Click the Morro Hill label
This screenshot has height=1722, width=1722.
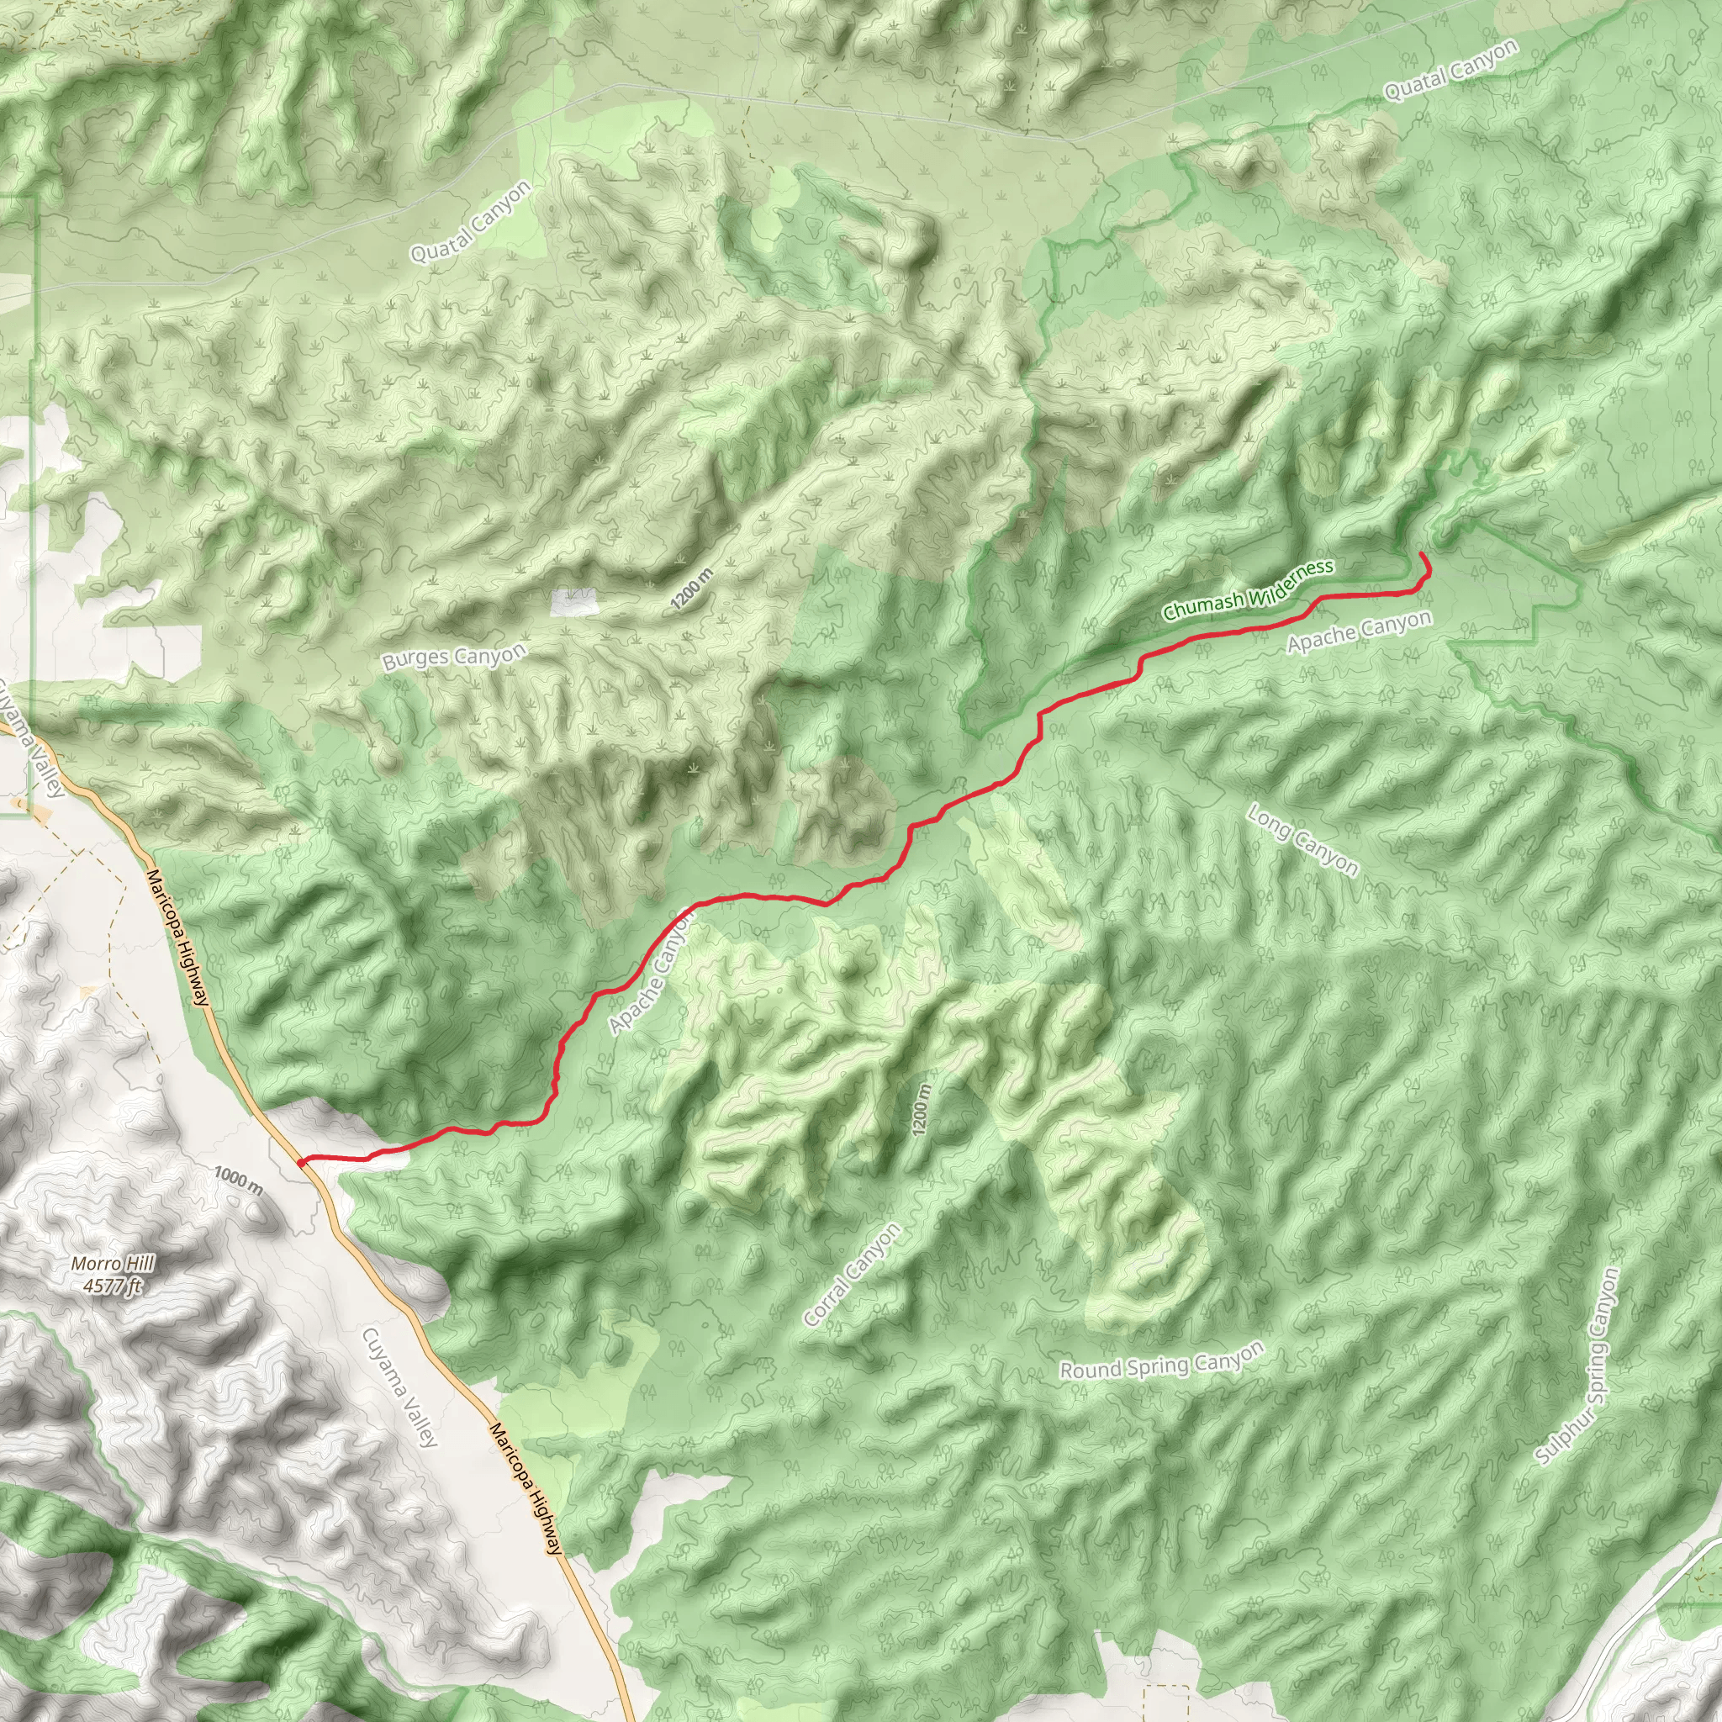[113, 1263]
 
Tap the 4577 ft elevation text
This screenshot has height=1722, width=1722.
[113, 1286]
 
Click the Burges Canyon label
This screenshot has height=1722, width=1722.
[454, 657]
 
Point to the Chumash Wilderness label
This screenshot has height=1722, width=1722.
[1248, 589]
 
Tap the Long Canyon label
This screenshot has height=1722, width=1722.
[1302, 840]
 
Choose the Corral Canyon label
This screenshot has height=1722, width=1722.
[852, 1275]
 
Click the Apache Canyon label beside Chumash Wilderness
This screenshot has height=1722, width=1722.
[1360, 631]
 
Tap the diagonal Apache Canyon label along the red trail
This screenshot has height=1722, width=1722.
[651, 974]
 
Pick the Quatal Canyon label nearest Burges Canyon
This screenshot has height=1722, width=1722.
[470, 221]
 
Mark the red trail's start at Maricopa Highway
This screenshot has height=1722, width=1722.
[302, 1161]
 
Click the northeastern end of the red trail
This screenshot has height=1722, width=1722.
[1421, 555]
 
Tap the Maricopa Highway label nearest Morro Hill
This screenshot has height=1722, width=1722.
[178, 937]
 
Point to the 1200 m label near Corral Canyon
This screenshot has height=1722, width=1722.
[922, 1109]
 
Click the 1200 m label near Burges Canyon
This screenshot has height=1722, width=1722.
[693, 589]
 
